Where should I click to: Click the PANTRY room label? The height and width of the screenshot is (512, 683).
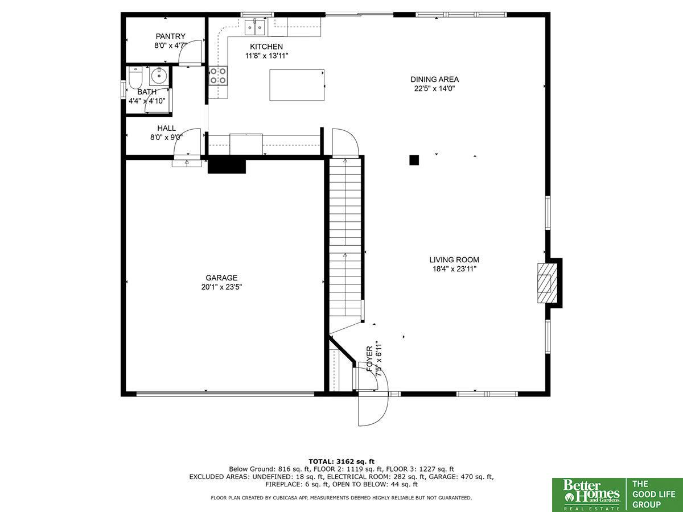click(171, 36)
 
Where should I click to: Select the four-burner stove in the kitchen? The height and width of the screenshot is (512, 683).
click(218, 76)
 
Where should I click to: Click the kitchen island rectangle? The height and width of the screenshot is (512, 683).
click(297, 85)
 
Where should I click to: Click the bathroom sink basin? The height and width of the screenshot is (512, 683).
click(159, 75)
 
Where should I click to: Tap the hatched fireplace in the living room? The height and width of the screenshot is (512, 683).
click(547, 283)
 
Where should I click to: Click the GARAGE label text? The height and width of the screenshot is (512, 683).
click(221, 278)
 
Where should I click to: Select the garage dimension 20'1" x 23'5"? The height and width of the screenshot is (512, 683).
click(221, 287)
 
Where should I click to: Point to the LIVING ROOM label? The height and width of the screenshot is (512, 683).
click(454, 259)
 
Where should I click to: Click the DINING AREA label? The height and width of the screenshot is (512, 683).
click(434, 79)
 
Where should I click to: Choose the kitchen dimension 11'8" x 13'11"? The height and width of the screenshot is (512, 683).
click(267, 56)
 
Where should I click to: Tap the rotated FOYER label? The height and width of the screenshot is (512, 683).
click(369, 359)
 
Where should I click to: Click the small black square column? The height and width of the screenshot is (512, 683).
click(414, 160)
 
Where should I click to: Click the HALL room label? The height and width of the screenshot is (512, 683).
click(166, 128)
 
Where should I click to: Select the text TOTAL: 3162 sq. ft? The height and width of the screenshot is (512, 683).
click(341, 461)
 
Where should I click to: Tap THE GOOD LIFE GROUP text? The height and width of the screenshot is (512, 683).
click(653, 494)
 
